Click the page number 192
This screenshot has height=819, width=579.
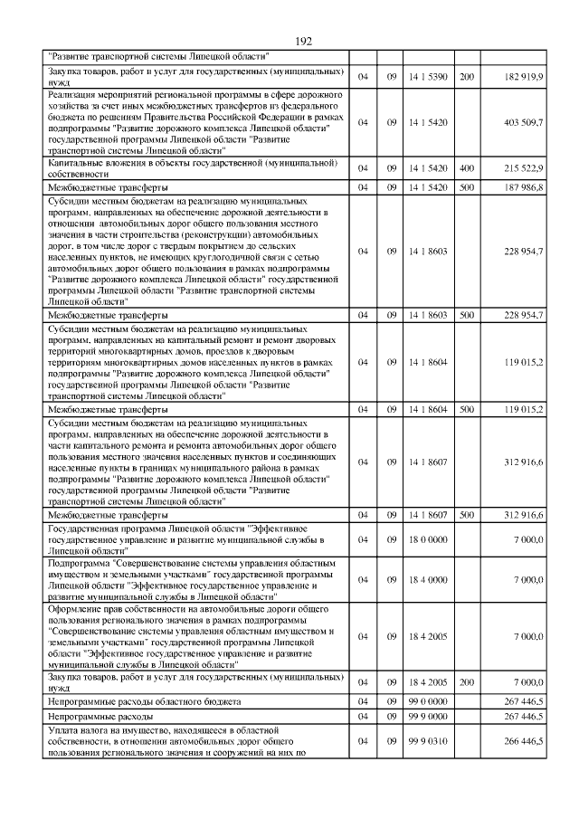303,41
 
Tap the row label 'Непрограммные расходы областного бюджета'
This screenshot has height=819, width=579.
144,701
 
